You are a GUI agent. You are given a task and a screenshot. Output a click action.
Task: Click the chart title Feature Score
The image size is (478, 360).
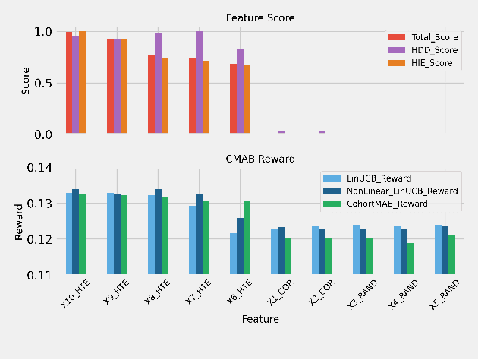click(x=260, y=17)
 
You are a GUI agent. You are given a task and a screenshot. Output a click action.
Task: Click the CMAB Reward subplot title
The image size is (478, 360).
click(x=260, y=159)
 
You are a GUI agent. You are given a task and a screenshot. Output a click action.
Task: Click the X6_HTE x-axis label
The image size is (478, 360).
click(x=237, y=293)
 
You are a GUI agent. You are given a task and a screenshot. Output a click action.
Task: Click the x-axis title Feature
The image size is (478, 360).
click(x=260, y=320)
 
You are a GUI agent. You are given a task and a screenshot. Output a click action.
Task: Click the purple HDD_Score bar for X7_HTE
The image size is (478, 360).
click(x=200, y=83)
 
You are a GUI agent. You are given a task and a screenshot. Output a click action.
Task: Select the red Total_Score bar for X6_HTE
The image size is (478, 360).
click(x=234, y=99)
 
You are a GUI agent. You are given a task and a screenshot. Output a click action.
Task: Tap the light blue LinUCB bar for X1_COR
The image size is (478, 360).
click(x=275, y=251)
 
